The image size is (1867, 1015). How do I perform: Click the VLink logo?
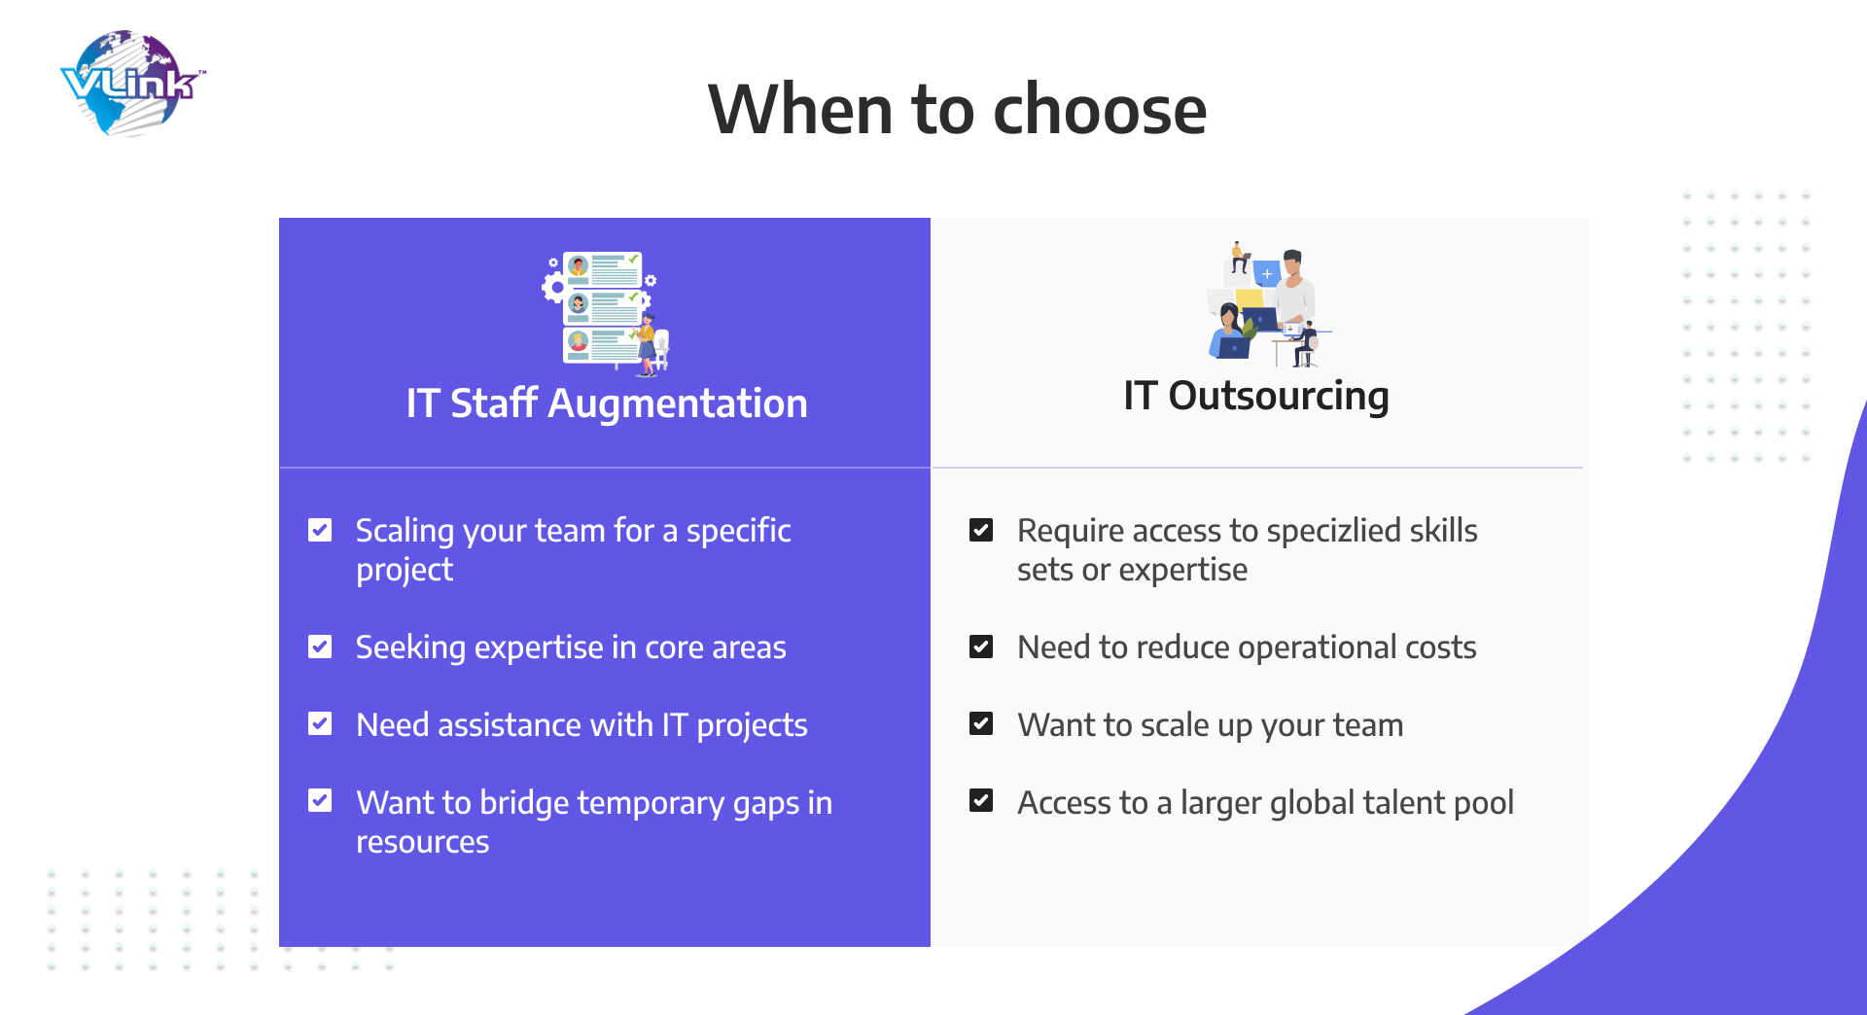[132, 84]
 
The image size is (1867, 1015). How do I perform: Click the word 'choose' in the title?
[1100, 109]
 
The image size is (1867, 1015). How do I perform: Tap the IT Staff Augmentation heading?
[607, 402]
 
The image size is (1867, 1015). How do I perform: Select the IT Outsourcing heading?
[1256, 396]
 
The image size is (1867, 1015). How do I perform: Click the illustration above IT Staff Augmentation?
[606, 312]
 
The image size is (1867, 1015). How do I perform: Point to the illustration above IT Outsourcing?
[1263, 304]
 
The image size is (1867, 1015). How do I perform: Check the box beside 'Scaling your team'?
[320, 530]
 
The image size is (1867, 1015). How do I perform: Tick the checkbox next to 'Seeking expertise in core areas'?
[320, 647]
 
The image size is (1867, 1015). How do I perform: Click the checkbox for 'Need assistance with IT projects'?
[320, 723]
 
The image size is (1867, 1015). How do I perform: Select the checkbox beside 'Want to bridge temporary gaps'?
[320, 800]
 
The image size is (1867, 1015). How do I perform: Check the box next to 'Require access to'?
[981, 530]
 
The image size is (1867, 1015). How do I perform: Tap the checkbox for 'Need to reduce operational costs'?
[981, 647]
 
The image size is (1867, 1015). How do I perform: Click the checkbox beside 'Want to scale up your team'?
[981, 723]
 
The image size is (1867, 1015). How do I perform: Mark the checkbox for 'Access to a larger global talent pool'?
[981, 800]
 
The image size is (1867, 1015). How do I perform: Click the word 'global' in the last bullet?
[1313, 804]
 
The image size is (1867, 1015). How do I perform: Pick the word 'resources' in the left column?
[423, 843]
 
